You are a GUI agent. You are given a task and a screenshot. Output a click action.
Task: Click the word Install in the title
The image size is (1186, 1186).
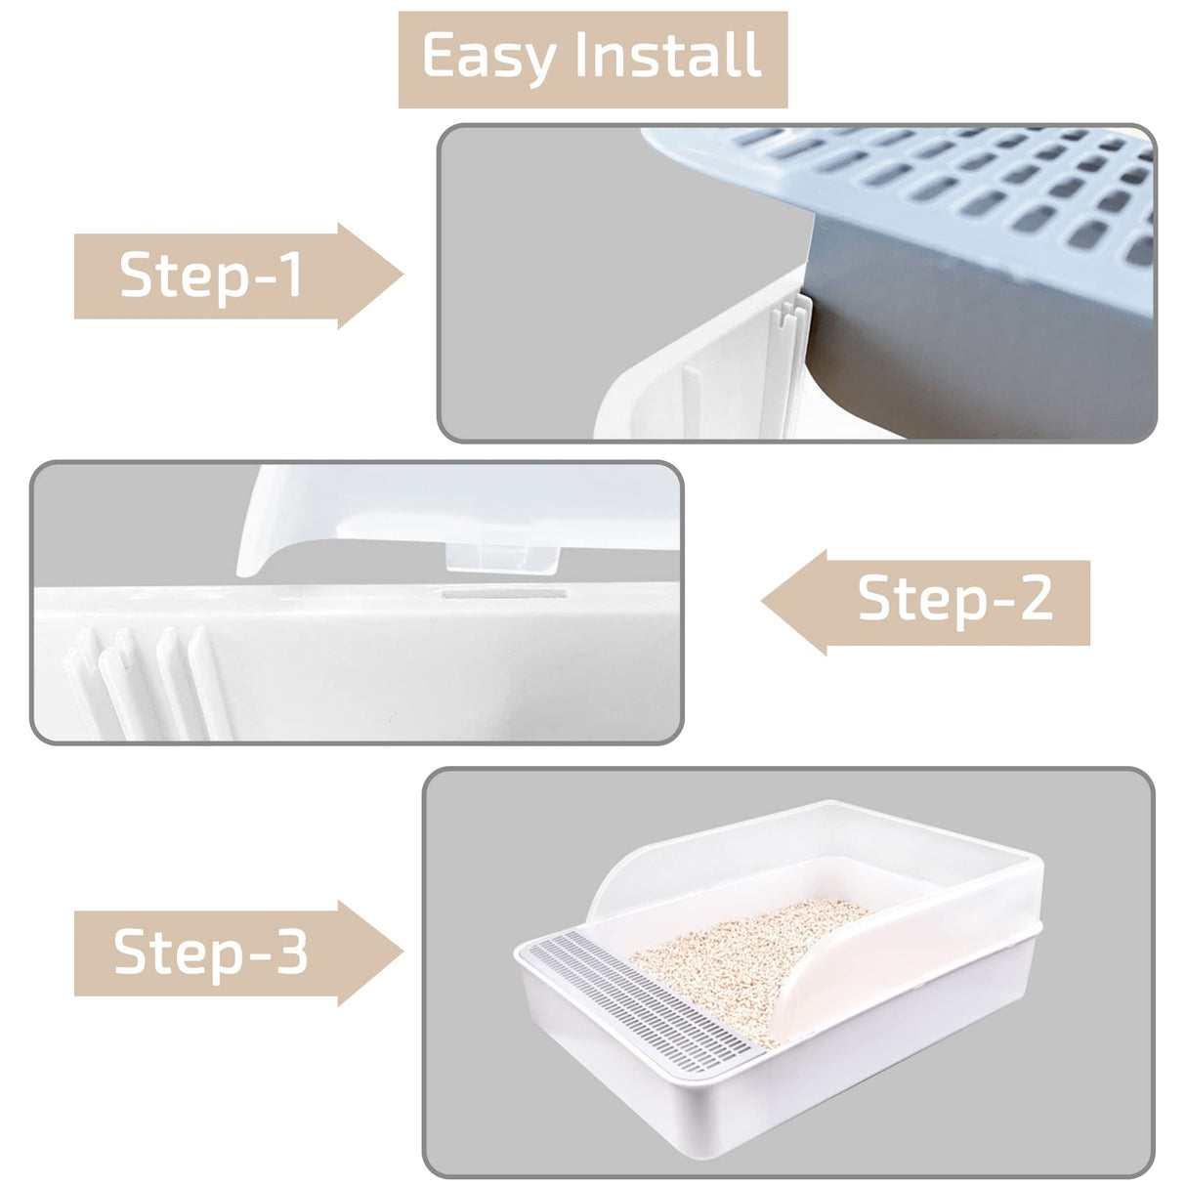668,56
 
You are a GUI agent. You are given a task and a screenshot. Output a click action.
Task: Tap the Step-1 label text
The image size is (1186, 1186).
211,275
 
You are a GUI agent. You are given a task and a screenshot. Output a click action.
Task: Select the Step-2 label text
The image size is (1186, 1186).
954,599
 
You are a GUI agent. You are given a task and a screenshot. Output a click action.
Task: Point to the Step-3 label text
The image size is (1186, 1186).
211,953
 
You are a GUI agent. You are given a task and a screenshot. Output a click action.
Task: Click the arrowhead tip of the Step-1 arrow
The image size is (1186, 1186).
401,275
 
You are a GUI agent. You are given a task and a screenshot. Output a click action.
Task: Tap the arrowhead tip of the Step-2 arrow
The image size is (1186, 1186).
765,602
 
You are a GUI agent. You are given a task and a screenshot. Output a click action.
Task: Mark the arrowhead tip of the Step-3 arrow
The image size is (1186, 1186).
401,953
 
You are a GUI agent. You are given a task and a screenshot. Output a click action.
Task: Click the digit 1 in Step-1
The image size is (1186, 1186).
291,275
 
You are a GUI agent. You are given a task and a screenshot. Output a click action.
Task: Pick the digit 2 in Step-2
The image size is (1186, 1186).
1034,599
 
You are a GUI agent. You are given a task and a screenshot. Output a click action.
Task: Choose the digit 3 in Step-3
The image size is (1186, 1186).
291,953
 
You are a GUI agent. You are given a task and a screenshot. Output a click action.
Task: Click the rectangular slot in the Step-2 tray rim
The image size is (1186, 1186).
503,593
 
